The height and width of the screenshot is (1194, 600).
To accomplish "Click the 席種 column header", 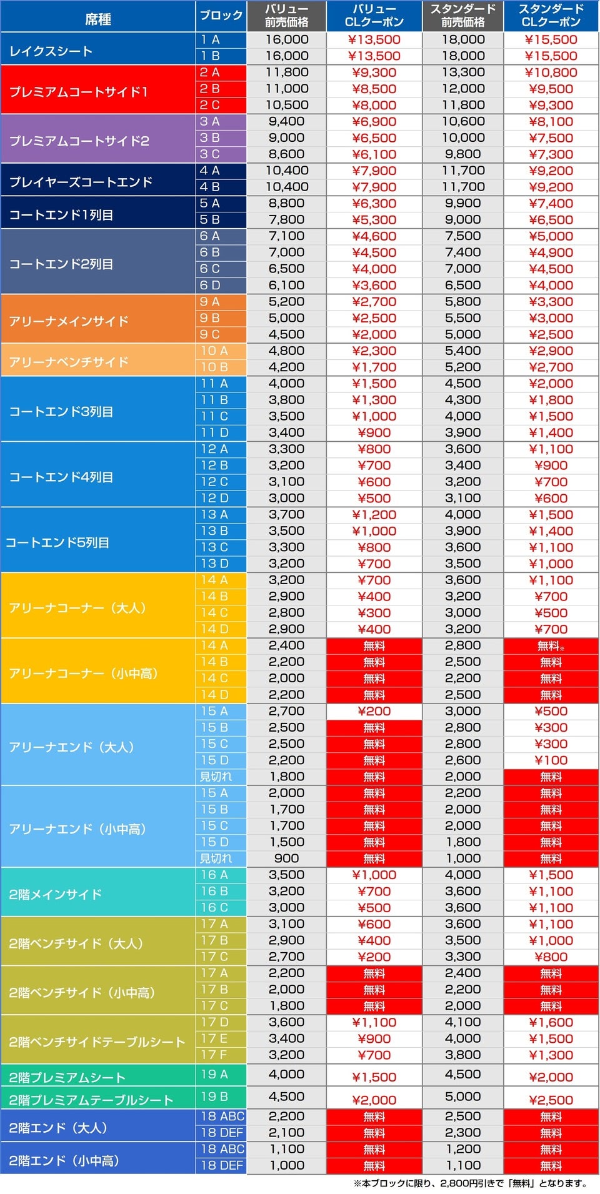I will pos(97,19).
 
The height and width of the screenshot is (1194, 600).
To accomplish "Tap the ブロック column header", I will pos(221,16).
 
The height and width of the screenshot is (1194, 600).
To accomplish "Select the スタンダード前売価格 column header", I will pos(462,16).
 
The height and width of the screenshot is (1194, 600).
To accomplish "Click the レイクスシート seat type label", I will pos(51,51).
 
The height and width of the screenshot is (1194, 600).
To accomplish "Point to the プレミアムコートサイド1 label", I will pos(78,92).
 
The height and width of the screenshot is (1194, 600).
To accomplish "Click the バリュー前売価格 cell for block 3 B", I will pos(286,137).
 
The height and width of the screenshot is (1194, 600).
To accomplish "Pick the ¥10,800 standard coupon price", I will pos(551,72).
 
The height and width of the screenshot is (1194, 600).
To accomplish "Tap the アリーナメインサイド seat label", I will pos(69,321).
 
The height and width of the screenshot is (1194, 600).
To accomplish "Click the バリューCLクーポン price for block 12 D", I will pos(374,498).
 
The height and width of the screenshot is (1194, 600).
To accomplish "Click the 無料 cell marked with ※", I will pos(551,646).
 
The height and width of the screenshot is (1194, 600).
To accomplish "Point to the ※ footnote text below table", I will pos(470,1183).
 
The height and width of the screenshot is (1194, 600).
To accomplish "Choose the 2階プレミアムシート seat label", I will pos(67,1077).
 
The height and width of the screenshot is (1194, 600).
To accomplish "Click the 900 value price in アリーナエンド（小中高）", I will pos(286,858).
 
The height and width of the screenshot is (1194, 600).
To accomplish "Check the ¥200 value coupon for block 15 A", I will pos(374,711).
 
